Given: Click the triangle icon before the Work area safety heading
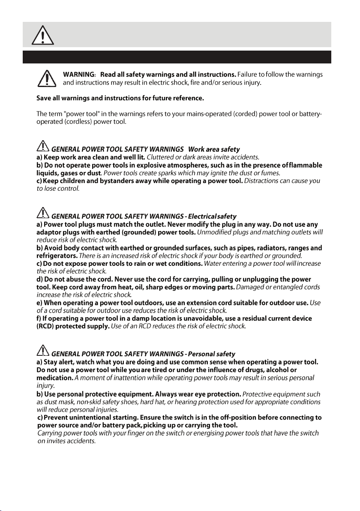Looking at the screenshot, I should [42, 148].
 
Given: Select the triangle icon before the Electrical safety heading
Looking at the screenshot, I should [42, 213].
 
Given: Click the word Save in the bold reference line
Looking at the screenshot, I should [44, 99].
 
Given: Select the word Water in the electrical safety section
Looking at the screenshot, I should [214, 263].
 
